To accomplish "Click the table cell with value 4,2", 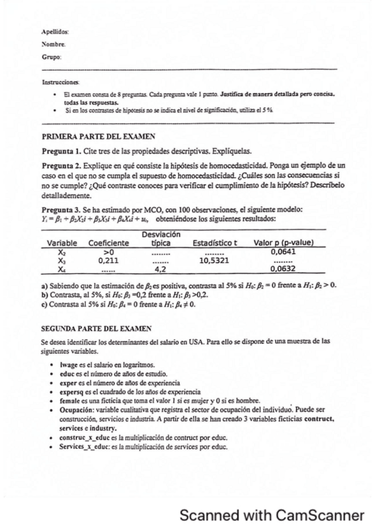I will [x=159, y=268].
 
